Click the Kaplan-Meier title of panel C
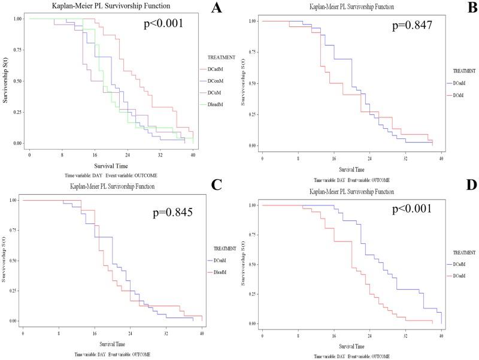pyautogui.click(x=111, y=187)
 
